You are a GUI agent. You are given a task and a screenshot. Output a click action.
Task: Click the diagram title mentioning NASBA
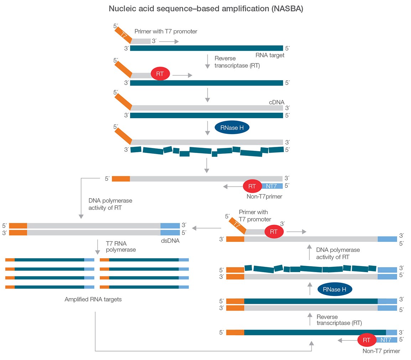click(205, 9)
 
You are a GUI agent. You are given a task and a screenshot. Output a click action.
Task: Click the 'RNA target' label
click(270, 55)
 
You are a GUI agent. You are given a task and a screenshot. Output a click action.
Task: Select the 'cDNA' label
click(276, 102)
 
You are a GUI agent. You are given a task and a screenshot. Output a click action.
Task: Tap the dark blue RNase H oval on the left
click(232, 128)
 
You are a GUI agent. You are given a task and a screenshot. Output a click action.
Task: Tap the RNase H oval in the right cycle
click(334, 289)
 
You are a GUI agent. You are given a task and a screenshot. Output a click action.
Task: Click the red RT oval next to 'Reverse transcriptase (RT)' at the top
click(160, 74)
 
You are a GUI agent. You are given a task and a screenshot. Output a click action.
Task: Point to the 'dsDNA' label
click(170, 240)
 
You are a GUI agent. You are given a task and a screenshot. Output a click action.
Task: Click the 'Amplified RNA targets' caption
click(93, 299)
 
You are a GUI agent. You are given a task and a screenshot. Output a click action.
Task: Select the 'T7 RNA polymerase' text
click(121, 247)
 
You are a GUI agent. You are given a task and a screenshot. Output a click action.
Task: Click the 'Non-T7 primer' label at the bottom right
click(381, 351)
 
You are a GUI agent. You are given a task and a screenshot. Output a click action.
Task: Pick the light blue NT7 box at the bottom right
click(386, 340)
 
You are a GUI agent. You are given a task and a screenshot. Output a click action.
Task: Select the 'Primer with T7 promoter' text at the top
click(166, 31)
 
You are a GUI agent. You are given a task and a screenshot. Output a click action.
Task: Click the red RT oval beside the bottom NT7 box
click(367, 340)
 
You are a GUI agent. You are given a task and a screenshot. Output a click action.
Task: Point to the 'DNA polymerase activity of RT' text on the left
click(110, 204)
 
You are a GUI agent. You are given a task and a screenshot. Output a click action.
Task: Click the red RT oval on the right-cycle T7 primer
click(274, 232)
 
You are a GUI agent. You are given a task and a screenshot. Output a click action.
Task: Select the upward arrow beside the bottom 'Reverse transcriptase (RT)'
click(309, 319)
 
